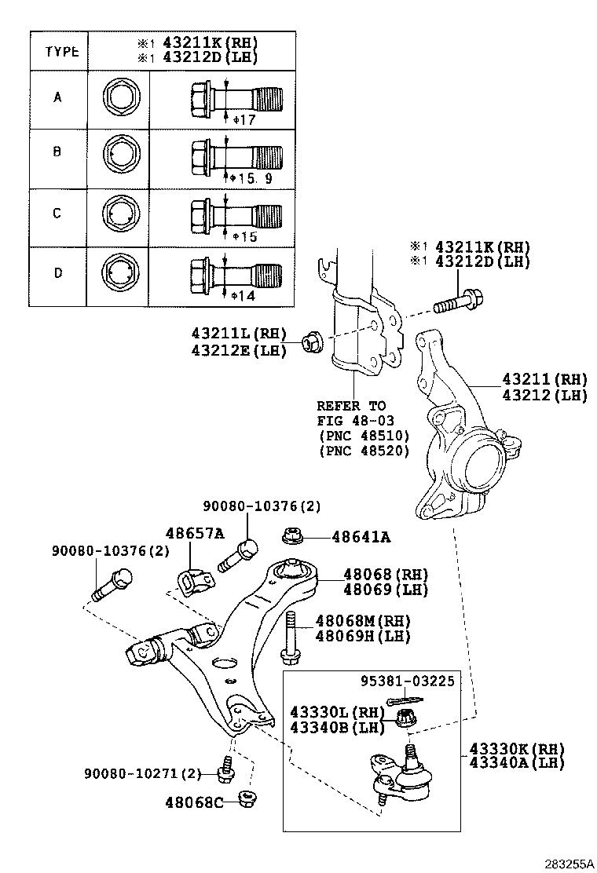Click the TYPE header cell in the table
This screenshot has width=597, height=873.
click(61, 52)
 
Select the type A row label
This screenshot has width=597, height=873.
click(57, 98)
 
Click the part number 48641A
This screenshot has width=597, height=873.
click(361, 538)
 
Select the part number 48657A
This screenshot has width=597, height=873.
click(194, 534)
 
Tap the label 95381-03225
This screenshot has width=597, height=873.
click(408, 680)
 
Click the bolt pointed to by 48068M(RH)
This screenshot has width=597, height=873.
click(290, 636)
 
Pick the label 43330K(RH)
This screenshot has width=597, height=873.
click(518, 747)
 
